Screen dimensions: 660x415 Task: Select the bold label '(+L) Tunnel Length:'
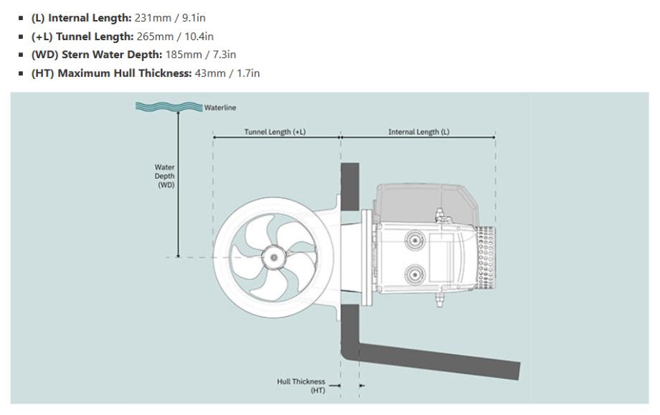[82, 37]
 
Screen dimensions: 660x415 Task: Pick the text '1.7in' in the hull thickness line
[248, 73]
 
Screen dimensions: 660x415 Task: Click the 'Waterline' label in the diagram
[220, 108]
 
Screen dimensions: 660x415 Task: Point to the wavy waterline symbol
[169, 106]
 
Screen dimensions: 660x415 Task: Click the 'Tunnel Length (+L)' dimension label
[275, 132]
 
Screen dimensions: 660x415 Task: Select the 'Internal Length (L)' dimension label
[419, 132]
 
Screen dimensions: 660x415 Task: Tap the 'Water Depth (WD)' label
[164, 176]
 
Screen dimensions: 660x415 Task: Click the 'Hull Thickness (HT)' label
[301, 386]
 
